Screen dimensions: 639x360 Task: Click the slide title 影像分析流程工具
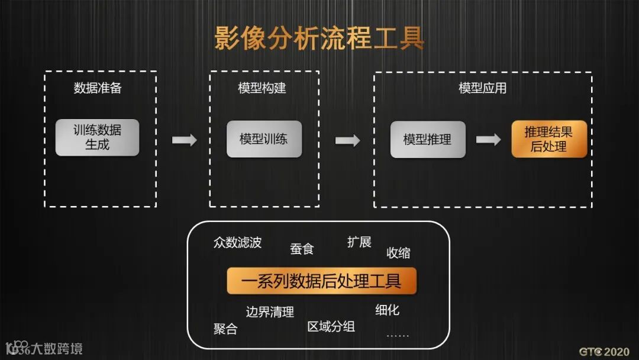[x=319, y=38]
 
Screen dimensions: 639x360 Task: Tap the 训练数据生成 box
[x=97, y=138]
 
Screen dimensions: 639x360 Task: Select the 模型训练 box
[x=264, y=139]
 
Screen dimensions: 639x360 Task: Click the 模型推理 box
[x=428, y=140]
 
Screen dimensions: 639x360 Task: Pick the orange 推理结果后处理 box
[x=549, y=139]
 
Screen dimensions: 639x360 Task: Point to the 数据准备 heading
[x=98, y=88]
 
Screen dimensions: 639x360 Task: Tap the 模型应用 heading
[x=483, y=88]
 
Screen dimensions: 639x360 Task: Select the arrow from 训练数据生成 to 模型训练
[x=184, y=140]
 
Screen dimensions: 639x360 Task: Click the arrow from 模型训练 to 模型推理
[x=347, y=140]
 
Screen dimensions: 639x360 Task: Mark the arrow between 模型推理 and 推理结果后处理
[x=488, y=140]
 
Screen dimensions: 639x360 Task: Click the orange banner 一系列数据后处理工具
[x=322, y=281]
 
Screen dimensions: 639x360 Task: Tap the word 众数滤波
[x=237, y=243]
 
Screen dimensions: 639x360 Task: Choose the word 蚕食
[x=302, y=249]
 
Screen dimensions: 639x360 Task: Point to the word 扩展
[x=359, y=242]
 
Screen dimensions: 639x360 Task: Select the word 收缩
[x=398, y=253]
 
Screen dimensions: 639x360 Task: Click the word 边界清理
[x=270, y=312]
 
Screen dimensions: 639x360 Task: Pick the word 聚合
[x=225, y=329]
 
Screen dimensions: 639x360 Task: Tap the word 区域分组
[x=331, y=326]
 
